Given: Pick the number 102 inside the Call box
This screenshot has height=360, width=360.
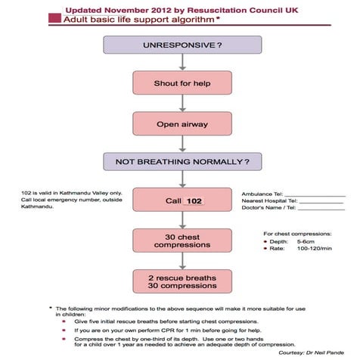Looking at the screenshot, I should (194, 201).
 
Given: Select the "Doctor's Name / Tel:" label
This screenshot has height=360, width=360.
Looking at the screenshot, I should (268, 209).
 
